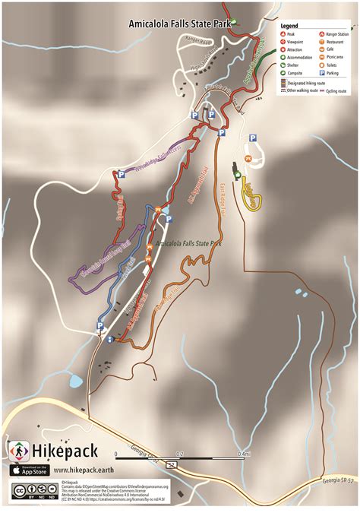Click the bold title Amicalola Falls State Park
[x=178, y=23]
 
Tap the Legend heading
[x=289, y=26]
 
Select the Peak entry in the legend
[x=291, y=34]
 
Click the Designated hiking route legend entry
[x=309, y=82]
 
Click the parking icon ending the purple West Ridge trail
[x=121, y=174]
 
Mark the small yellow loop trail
[x=253, y=196]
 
